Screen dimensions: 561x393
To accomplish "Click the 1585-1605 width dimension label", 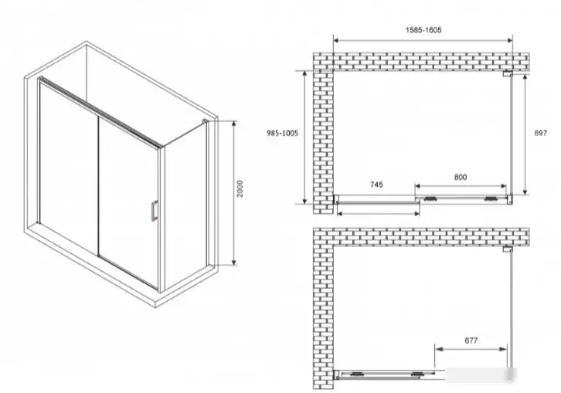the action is pyautogui.click(x=423, y=30).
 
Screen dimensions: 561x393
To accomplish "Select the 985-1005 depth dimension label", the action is pyautogui.click(x=282, y=133).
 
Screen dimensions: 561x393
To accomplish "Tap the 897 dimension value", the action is pyautogui.click(x=541, y=133).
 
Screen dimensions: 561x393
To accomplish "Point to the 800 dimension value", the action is pyautogui.click(x=461, y=177).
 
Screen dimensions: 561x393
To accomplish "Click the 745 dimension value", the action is pyautogui.click(x=376, y=185).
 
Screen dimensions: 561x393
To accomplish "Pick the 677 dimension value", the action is pyautogui.click(x=471, y=340).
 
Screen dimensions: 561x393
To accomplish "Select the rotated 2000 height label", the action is pyautogui.click(x=240, y=188).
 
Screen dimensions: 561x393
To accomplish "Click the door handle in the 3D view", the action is pyautogui.click(x=154, y=211).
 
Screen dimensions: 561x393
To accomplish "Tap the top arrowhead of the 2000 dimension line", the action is pyautogui.click(x=234, y=124).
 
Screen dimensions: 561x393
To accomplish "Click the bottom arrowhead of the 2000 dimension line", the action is pyautogui.click(x=234, y=263).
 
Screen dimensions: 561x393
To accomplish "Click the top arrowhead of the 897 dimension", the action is pyautogui.click(x=525, y=78).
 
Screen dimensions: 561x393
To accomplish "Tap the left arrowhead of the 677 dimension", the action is pyautogui.click(x=438, y=349).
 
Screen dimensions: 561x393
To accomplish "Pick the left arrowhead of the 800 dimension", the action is pyautogui.click(x=418, y=185).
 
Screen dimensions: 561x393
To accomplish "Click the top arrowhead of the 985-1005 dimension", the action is pyautogui.click(x=304, y=74).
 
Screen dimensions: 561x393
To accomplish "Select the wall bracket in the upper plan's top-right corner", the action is pyautogui.click(x=508, y=74).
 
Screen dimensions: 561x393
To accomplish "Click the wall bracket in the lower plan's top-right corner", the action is pyautogui.click(x=508, y=249).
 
